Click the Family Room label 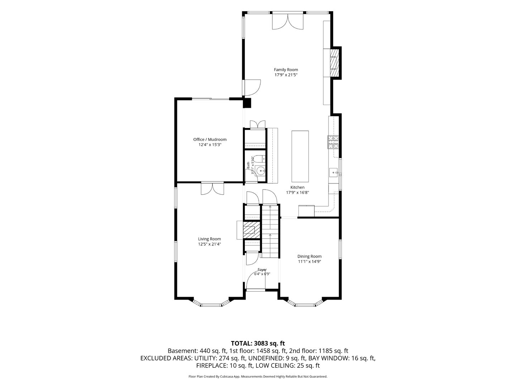coord(286,70)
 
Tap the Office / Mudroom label coord(210,139)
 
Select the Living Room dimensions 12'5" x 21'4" coord(210,244)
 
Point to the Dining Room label coord(309,256)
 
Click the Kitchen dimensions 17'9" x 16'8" coord(297,192)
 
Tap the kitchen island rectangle coord(300,156)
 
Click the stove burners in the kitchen coord(333,142)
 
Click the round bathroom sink coord(261,171)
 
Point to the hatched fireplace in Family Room coord(334,63)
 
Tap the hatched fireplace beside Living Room coord(251,230)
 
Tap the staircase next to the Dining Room coord(270,231)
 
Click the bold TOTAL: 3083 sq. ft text coord(258,344)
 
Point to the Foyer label coord(262,269)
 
